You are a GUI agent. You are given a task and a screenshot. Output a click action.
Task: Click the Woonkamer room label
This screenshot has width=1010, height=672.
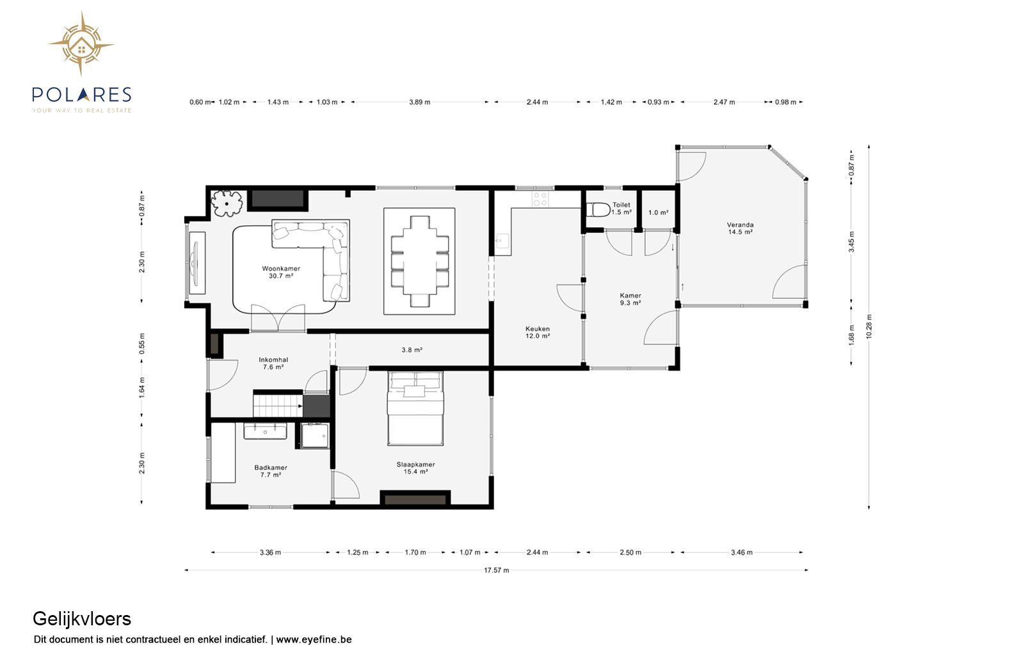pyautogui.click(x=281, y=272)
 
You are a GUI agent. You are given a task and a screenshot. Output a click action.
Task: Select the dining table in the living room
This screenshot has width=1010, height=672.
pyautogui.click(x=420, y=261)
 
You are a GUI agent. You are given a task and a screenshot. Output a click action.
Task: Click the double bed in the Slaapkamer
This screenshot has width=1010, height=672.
pyautogui.click(x=415, y=408)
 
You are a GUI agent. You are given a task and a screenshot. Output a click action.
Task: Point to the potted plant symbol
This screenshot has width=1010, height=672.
pyautogui.click(x=227, y=204)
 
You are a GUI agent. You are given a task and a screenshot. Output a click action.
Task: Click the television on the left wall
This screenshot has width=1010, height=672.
pyautogui.click(x=195, y=264)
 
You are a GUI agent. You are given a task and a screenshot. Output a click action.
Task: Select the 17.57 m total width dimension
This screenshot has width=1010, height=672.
pyautogui.click(x=496, y=570)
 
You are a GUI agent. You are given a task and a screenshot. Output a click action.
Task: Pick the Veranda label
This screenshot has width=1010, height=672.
pyautogui.click(x=740, y=228)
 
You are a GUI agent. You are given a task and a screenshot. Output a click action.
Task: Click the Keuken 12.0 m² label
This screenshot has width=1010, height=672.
pyautogui.click(x=538, y=332)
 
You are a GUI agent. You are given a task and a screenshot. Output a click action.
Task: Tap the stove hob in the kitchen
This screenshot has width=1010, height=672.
pyautogui.click(x=540, y=199)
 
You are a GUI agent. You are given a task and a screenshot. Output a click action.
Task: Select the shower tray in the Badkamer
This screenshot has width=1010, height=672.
pyautogui.click(x=315, y=436)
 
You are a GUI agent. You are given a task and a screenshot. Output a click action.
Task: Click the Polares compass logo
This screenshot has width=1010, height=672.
pyautogui.click(x=81, y=44)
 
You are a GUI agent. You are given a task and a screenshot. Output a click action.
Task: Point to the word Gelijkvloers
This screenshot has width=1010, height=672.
pyautogui.click(x=82, y=619)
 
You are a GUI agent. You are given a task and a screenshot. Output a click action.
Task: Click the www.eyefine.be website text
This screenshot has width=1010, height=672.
pyautogui.click(x=314, y=639)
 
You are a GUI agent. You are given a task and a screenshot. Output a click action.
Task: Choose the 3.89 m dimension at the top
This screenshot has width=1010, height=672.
pyautogui.click(x=419, y=102)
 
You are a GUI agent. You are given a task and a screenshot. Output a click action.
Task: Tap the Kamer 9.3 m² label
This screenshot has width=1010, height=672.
pyautogui.click(x=630, y=300)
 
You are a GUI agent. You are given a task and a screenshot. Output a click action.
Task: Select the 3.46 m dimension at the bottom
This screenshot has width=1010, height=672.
pyautogui.click(x=742, y=552)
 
